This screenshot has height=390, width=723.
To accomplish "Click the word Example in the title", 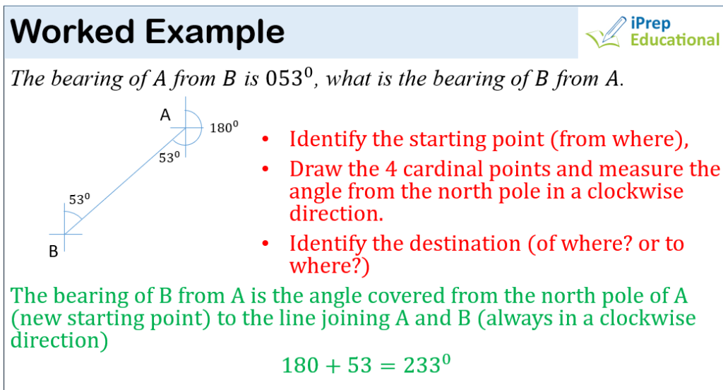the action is click(x=215, y=33).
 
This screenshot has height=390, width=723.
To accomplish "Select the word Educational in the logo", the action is click(x=674, y=40).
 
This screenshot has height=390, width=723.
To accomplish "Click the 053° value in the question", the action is click(x=289, y=78).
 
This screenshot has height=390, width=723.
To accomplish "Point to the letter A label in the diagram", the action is click(x=165, y=114).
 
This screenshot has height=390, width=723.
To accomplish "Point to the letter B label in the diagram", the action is click(x=54, y=252).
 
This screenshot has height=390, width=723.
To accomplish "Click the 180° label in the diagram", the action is click(x=224, y=127).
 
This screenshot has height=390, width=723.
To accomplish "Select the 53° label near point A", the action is click(x=169, y=158).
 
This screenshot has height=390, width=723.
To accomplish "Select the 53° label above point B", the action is click(x=79, y=199).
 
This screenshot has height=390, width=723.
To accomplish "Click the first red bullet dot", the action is click(x=265, y=139).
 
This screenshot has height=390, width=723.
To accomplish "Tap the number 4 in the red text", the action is click(x=391, y=170).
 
